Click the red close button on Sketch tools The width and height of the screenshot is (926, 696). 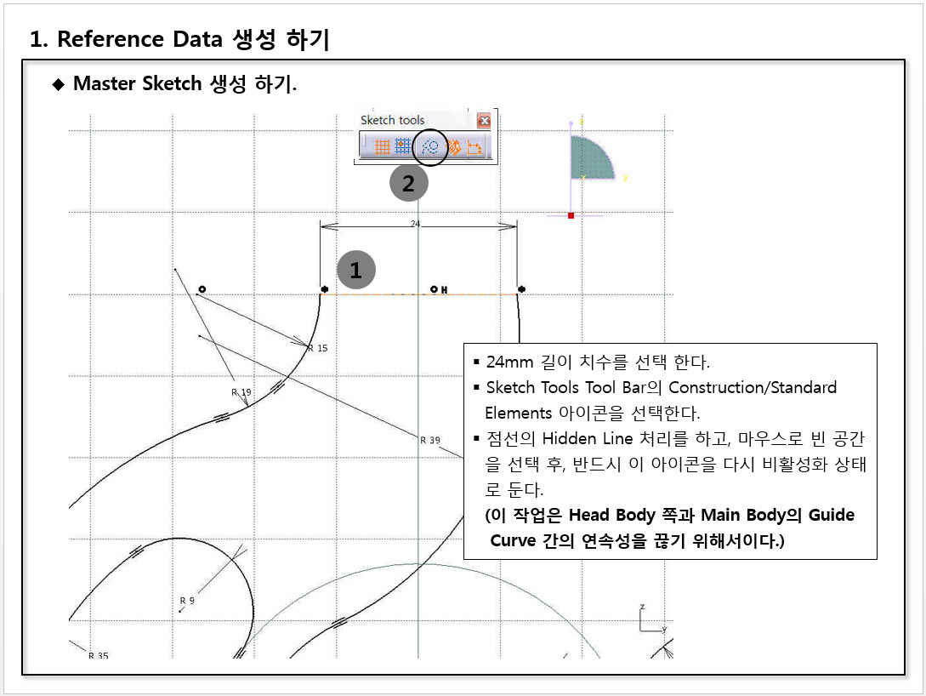point(484,121)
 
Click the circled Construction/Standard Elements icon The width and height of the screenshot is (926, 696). point(430,146)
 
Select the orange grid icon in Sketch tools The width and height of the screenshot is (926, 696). point(382,146)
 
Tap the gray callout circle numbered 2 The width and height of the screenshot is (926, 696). point(409,183)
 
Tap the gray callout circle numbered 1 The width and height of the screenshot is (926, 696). point(356,270)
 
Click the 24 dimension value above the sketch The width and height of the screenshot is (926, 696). point(415,223)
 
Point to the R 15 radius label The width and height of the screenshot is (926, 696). point(318,348)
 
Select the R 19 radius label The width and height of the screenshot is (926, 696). point(241,391)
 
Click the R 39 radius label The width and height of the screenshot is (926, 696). point(430,440)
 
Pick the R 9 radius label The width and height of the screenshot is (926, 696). point(187,601)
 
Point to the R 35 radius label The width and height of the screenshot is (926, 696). point(99,655)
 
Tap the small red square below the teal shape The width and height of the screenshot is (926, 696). point(571,215)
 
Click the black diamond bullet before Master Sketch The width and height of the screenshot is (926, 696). point(59,84)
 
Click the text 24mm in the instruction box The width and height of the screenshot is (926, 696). point(509,362)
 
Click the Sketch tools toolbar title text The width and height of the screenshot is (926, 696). point(392,120)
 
